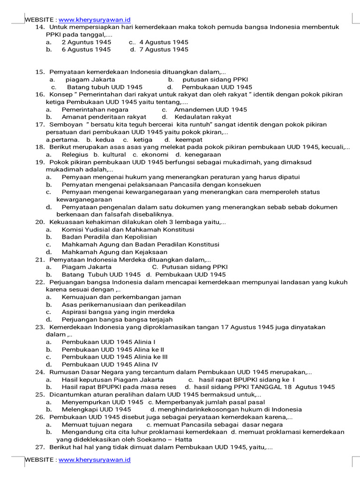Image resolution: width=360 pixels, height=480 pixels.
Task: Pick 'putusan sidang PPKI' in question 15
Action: point(215,80)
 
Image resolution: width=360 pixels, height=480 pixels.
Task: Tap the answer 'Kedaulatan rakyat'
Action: point(203,117)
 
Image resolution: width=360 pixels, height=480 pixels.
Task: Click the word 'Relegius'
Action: point(75,155)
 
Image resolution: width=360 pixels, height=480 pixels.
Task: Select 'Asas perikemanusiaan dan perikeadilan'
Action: point(124,305)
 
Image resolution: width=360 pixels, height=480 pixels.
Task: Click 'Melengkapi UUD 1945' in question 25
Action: point(96,410)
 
